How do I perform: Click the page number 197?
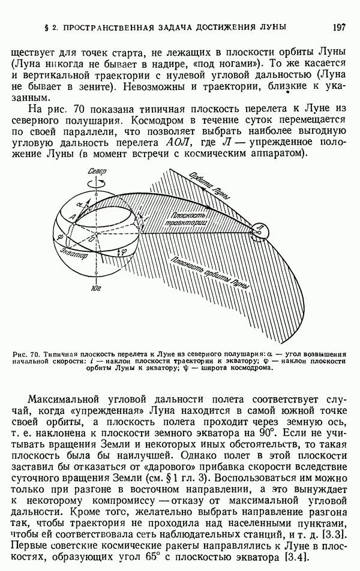click(x=336, y=26)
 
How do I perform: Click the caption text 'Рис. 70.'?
click(x=26, y=354)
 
